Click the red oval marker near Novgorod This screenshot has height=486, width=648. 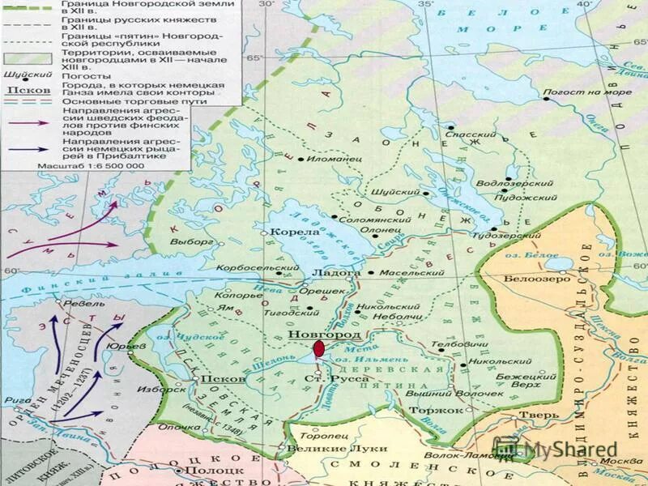[x=319, y=349]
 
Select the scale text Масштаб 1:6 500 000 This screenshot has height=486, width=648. [x=89, y=164]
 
